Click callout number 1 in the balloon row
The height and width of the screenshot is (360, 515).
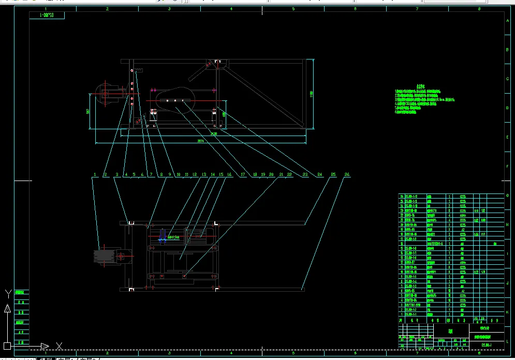pos(96,175)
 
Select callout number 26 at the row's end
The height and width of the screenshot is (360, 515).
pos(347,175)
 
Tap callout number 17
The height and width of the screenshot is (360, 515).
pos(243,175)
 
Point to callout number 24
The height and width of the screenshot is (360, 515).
pos(320,175)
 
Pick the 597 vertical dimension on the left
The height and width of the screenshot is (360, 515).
pos(88,111)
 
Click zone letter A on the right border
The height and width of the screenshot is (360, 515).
pos(506,20)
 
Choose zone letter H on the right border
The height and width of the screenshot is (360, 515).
pos(506,225)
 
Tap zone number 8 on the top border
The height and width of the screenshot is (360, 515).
pos(479,9)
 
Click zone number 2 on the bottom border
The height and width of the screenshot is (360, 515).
pos(107,353)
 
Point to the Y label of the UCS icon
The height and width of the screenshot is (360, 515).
pos(8,294)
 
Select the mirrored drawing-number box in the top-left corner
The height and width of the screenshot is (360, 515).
pos(51,16)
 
